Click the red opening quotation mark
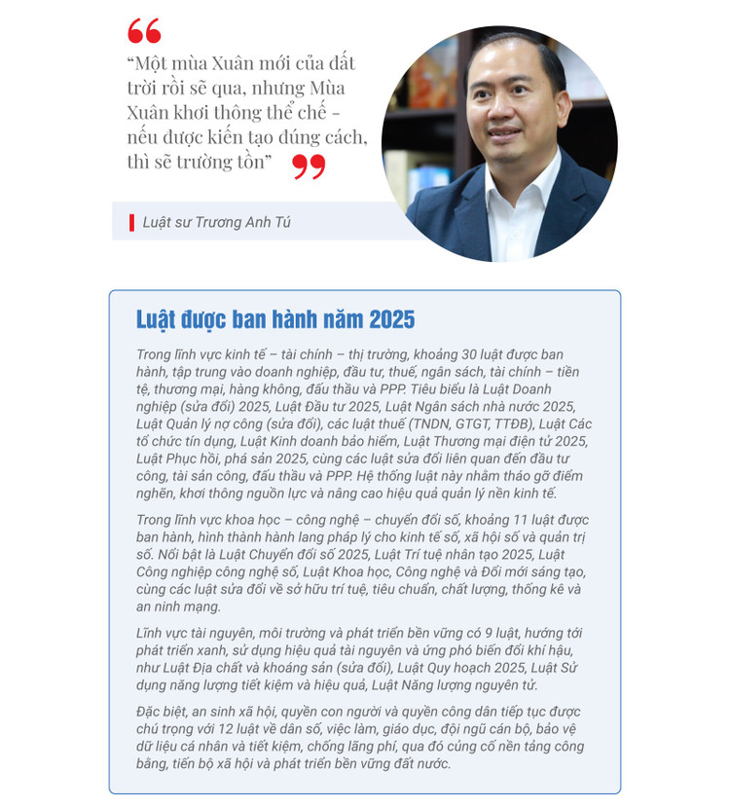point(144,30)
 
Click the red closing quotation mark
point(309,166)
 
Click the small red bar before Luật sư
point(131,223)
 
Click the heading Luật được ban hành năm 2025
point(275,319)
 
